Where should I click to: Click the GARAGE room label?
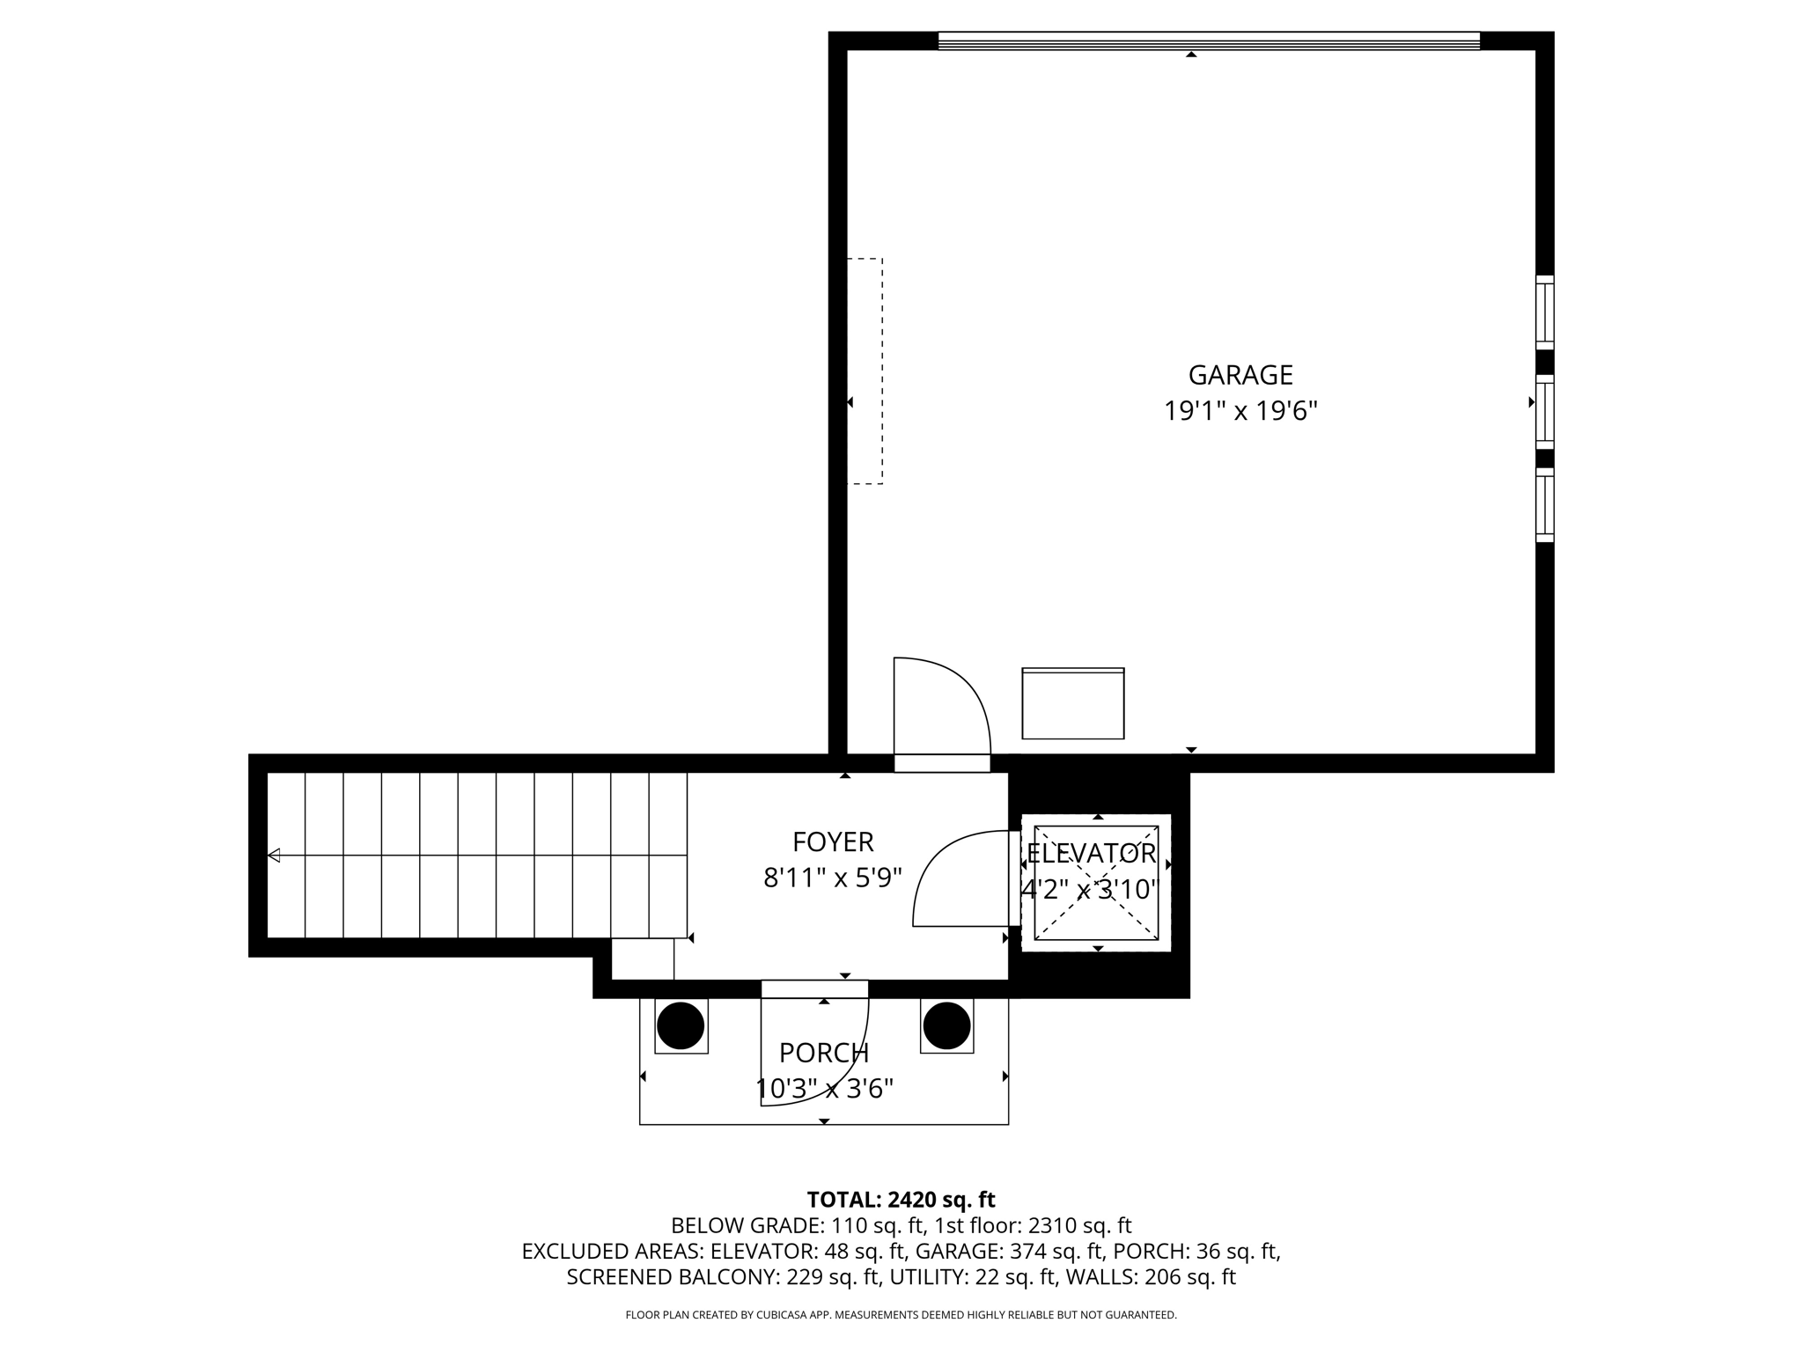click(1240, 375)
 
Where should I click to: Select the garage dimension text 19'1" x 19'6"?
click(1240, 411)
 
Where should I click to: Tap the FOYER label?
click(832, 842)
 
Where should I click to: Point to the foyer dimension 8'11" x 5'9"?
click(832, 878)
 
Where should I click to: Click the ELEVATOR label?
click(1091, 853)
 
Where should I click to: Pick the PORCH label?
click(823, 1053)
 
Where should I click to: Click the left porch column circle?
click(681, 1025)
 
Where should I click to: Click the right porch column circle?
click(946, 1025)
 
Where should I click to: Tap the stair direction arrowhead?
click(274, 855)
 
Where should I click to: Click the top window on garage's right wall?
click(1544, 312)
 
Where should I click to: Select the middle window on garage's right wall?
click(1544, 411)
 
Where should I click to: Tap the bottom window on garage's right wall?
click(1544, 504)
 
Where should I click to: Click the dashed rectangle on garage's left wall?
click(865, 371)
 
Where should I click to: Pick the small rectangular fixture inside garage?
click(1072, 703)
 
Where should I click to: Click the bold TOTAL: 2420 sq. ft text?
click(901, 1200)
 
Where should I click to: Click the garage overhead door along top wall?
click(1208, 40)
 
